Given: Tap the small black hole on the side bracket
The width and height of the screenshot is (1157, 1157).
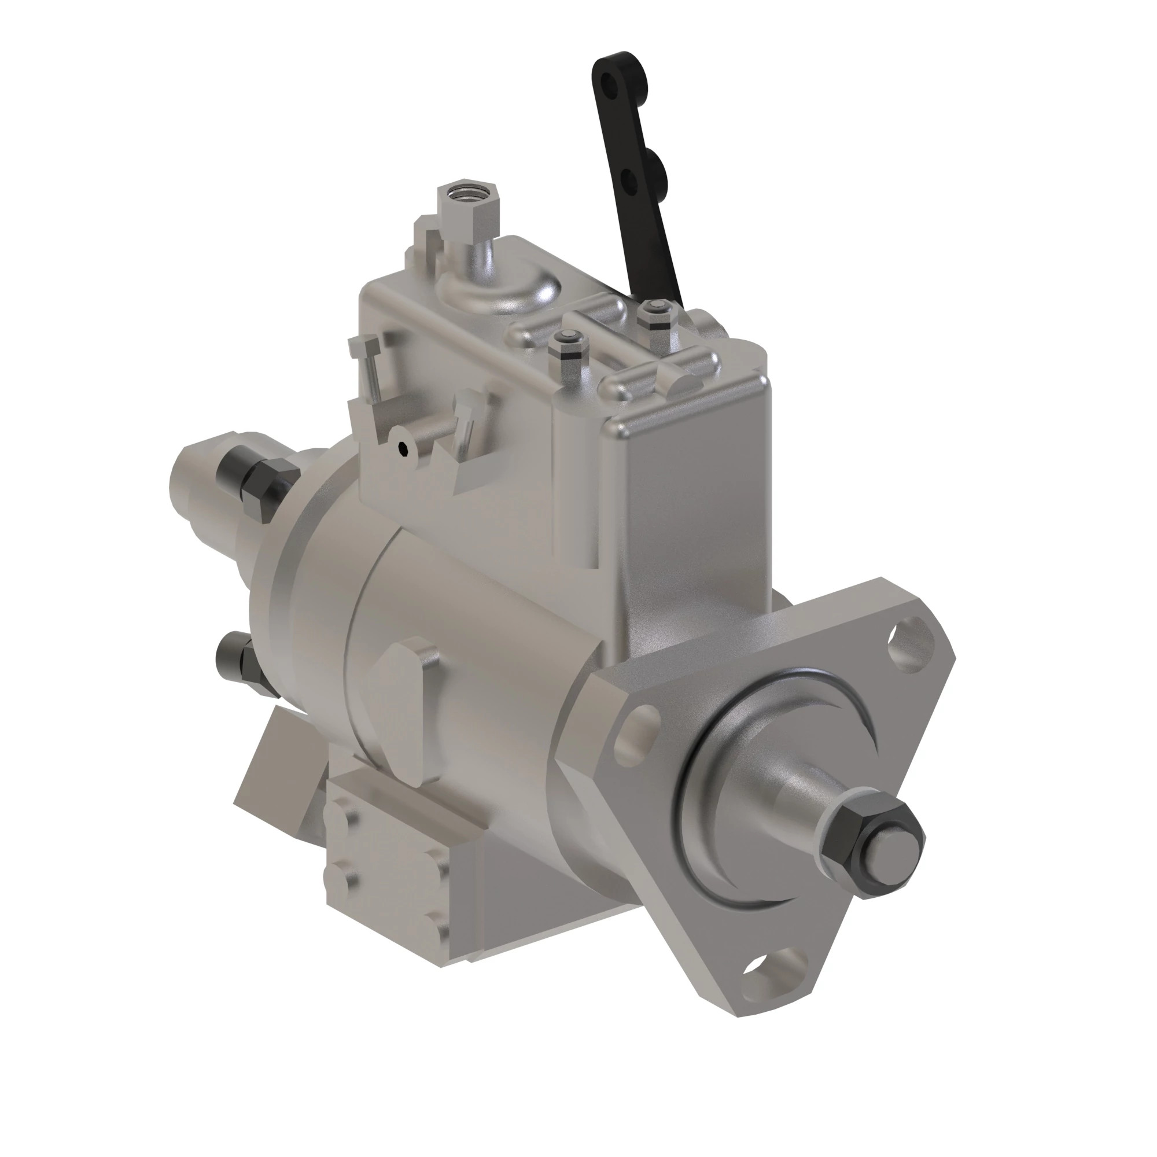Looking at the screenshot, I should (404, 448).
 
